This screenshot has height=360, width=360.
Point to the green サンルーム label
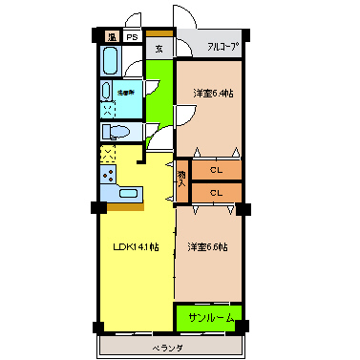208,316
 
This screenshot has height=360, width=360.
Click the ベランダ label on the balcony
168,349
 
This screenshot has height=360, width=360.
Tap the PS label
132,37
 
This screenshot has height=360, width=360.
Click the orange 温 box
112,37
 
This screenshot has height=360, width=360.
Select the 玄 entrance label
159,50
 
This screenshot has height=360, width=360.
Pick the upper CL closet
216,170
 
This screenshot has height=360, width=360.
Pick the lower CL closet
216,192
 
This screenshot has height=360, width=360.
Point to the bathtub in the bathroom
108,63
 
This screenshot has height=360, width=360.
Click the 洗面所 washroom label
125,93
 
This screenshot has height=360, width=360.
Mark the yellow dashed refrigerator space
107,153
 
